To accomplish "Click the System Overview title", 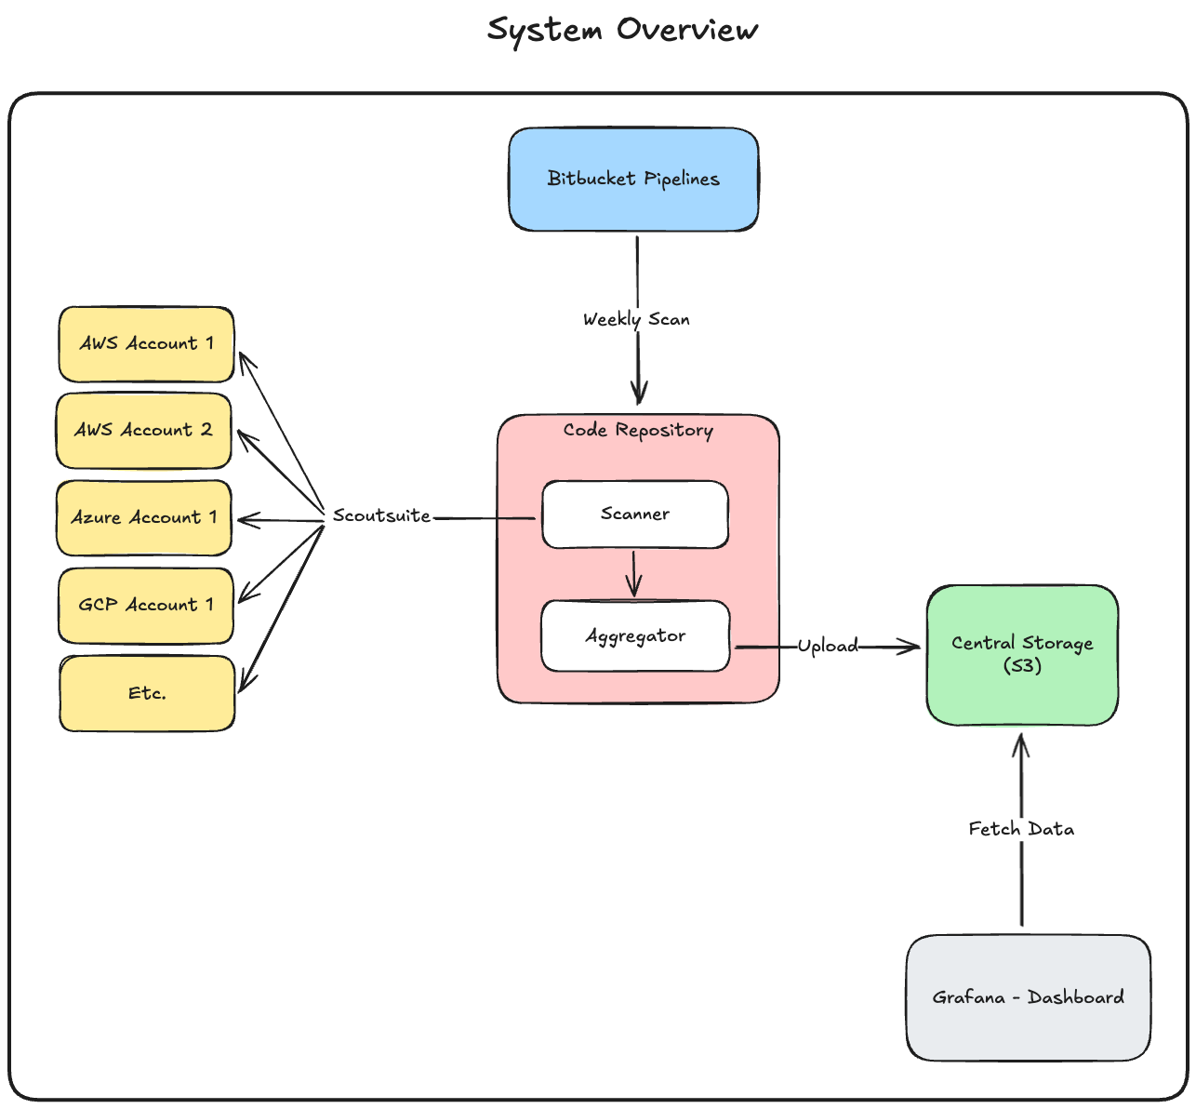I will click(622, 30).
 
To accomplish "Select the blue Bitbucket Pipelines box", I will click(633, 179).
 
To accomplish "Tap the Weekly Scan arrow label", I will click(636, 319).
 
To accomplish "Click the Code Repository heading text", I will click(638, 430).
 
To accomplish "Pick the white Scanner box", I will click(635, 514).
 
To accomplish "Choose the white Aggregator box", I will click(635, 636).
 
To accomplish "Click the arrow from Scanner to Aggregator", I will click(633, 574).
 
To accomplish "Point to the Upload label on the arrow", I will click(828, 646).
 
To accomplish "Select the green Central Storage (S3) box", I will click(1022, 654).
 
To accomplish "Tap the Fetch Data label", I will click(1021, 828).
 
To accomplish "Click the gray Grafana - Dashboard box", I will click(1028, 997).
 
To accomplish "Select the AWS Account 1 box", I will click(146, 343).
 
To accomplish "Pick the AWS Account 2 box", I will click(143, 430).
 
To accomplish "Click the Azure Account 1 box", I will click(143, 517).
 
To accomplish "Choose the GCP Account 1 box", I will click(145, 605).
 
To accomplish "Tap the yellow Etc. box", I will click(147, 693).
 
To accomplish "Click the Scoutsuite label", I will click(381, 515).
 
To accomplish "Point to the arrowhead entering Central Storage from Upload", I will click(911, 647).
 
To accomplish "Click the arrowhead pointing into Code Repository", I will click(638, 396).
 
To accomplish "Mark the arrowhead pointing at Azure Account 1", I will click(245, 520).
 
